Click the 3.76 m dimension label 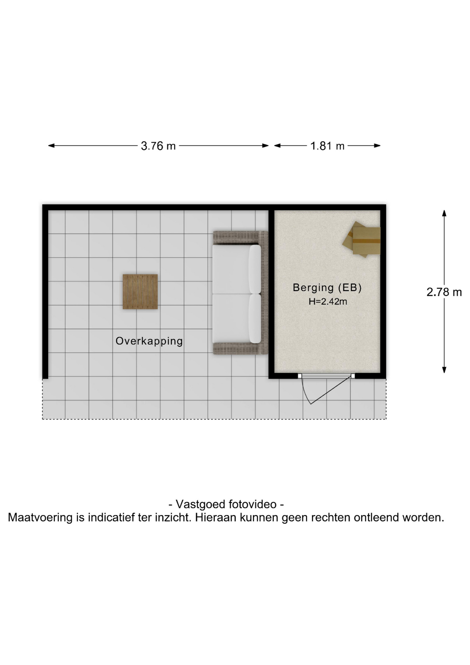[158, 146]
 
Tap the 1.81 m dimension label [327, 146]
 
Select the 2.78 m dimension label [444, 292]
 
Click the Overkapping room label [149, 341]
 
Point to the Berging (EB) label [327, 287]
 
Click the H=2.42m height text [328, 301]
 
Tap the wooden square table [140, 292]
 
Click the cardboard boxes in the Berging [362, 239]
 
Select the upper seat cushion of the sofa [236, 269]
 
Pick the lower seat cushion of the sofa [236, 319]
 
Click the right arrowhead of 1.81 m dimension [377, 146]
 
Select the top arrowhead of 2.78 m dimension [444, 213]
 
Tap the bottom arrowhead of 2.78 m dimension [444, 370]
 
